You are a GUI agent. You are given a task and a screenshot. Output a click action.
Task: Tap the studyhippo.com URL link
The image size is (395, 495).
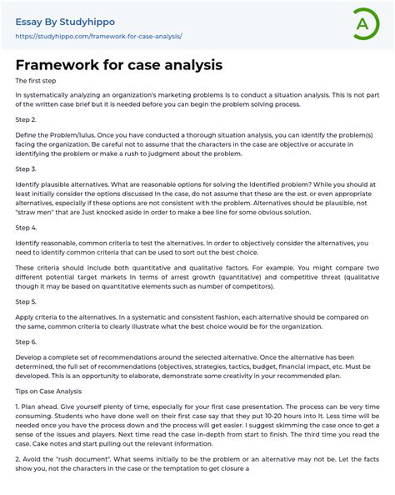pos(98,37)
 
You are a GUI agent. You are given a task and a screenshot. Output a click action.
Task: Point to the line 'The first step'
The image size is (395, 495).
pos(35,81)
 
